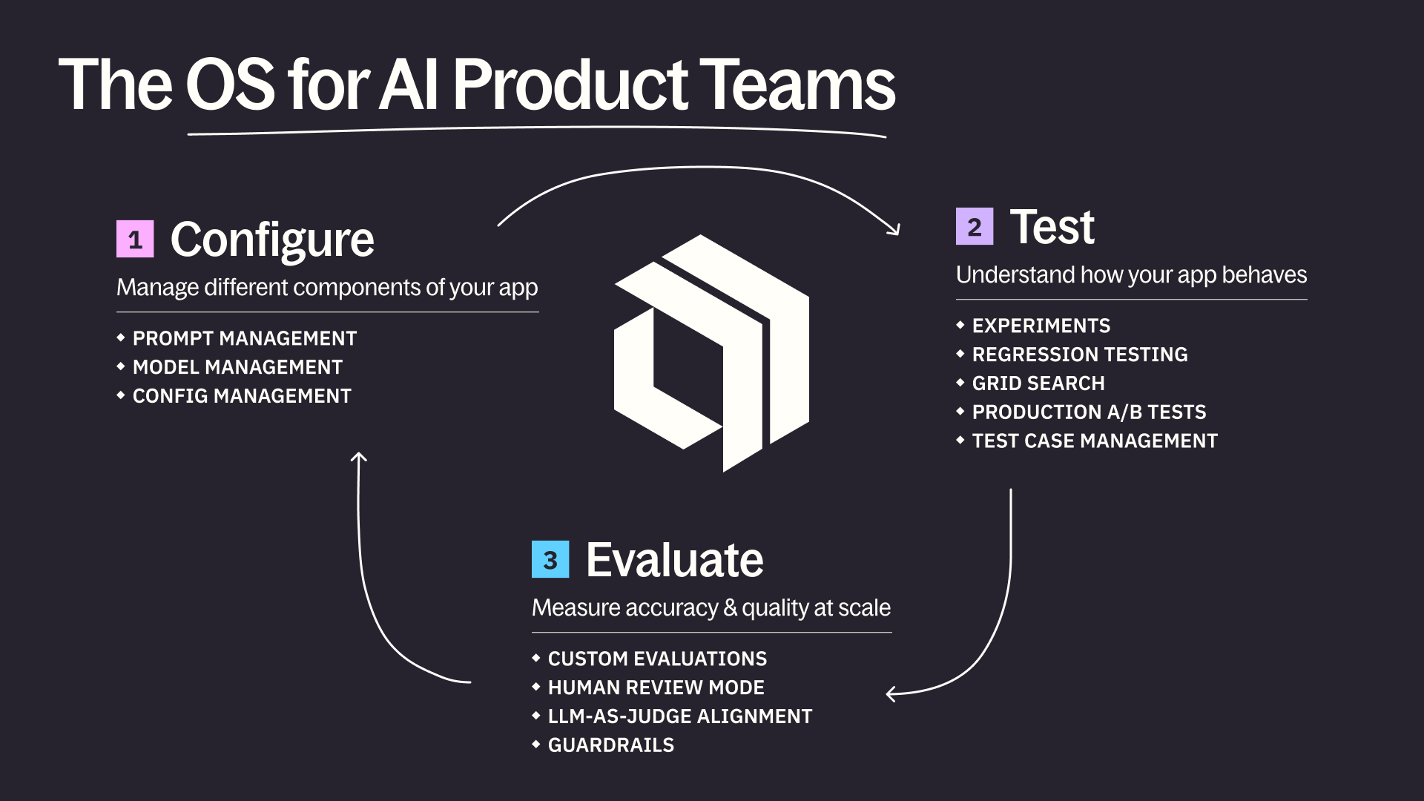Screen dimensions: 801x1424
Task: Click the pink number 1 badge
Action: tap(135, 239)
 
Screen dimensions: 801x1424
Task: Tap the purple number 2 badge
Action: tap(974, 226)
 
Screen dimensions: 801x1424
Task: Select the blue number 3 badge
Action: tap(550, 559)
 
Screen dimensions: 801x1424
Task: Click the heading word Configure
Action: tap(271, 240)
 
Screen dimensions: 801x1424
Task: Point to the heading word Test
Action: tap(1052, 226)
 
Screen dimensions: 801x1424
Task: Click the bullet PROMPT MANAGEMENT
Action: tap(244, 338)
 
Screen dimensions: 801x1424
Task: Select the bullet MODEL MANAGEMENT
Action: tap(237, 367)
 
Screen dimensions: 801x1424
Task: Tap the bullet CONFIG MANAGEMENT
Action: tap(242, 396)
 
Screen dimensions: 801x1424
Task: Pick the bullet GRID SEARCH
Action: tap(1038, 383)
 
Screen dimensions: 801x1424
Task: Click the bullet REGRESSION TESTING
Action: tap(1080, 355)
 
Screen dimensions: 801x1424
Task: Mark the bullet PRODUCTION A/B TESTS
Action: tap(1089, 412)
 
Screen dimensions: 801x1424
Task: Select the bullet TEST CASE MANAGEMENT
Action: tap(1095, 441)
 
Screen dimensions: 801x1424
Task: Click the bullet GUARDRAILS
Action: tap(610, 745)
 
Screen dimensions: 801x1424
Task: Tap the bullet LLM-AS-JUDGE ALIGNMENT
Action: tap(679, 716)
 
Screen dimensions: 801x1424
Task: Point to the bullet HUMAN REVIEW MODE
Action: tap(656, 688)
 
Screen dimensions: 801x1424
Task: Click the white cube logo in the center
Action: tap(712, 353)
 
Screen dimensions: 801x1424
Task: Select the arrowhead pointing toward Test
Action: tap(895, 229)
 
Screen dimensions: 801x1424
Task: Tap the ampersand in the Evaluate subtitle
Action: tap(730, 608)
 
